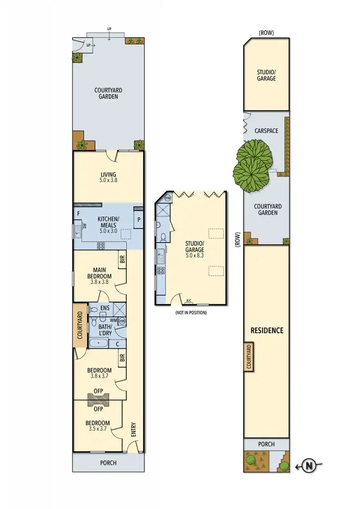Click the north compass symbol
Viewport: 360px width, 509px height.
click(309, 466)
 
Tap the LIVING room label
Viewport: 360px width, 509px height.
click(108, 174)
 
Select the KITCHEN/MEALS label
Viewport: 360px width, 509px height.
click(108, 222)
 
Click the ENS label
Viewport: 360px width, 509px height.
click(104, 308)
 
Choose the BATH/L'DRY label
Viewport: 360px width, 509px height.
click(104, 330)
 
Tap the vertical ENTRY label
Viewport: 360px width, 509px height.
click(133, 429)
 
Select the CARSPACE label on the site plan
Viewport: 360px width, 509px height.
click(266, 131)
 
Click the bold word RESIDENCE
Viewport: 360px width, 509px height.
click(267, 330)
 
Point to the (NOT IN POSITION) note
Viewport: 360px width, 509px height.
click(190, 313)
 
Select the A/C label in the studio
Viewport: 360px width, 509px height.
click(189, 301)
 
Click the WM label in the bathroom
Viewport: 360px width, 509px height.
click(113, 321)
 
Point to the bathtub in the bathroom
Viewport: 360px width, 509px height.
click(100, 342)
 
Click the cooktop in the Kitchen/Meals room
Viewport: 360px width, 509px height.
click(100, 245)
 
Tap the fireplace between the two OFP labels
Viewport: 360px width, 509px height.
click(98, 400)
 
